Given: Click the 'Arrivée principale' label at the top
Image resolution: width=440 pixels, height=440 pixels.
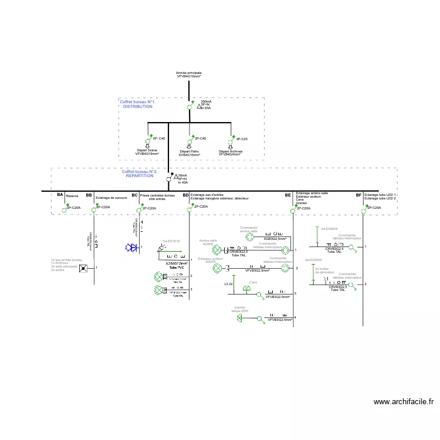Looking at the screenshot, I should [x=189, y=73].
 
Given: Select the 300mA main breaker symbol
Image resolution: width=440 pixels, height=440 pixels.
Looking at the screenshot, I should [x=189, y=106].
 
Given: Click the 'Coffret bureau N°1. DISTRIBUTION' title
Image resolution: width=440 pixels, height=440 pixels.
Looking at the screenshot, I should [x=137, y=104].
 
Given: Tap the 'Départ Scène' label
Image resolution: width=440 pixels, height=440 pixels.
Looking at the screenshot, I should [x=147, y=150].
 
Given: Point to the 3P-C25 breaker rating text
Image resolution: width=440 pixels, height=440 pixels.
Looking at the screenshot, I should [x=241, y=138].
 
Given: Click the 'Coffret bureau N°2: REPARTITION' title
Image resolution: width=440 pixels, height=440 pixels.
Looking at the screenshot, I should [x=139, y=174].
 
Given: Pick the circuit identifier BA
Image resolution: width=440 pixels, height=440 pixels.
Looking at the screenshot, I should [x=60, y=195].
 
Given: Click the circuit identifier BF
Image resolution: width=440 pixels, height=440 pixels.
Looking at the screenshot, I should [x=358, y=195].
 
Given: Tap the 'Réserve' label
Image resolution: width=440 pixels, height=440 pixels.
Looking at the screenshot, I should [x=72, y=196].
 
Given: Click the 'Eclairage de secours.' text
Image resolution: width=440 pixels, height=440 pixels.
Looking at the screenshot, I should [x=111, y=198].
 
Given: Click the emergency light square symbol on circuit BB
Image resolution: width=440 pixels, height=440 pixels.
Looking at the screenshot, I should [x=84, y=268].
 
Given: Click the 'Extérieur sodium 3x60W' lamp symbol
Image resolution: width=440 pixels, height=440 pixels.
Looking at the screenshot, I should [x=216, y=268].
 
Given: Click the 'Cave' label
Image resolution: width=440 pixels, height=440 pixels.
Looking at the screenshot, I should [x=253, y=282].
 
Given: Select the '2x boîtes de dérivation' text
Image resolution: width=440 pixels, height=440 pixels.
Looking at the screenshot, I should [x=324, y=270].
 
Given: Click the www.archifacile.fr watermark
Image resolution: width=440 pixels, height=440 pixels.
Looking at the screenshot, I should [x=403, y=402].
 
